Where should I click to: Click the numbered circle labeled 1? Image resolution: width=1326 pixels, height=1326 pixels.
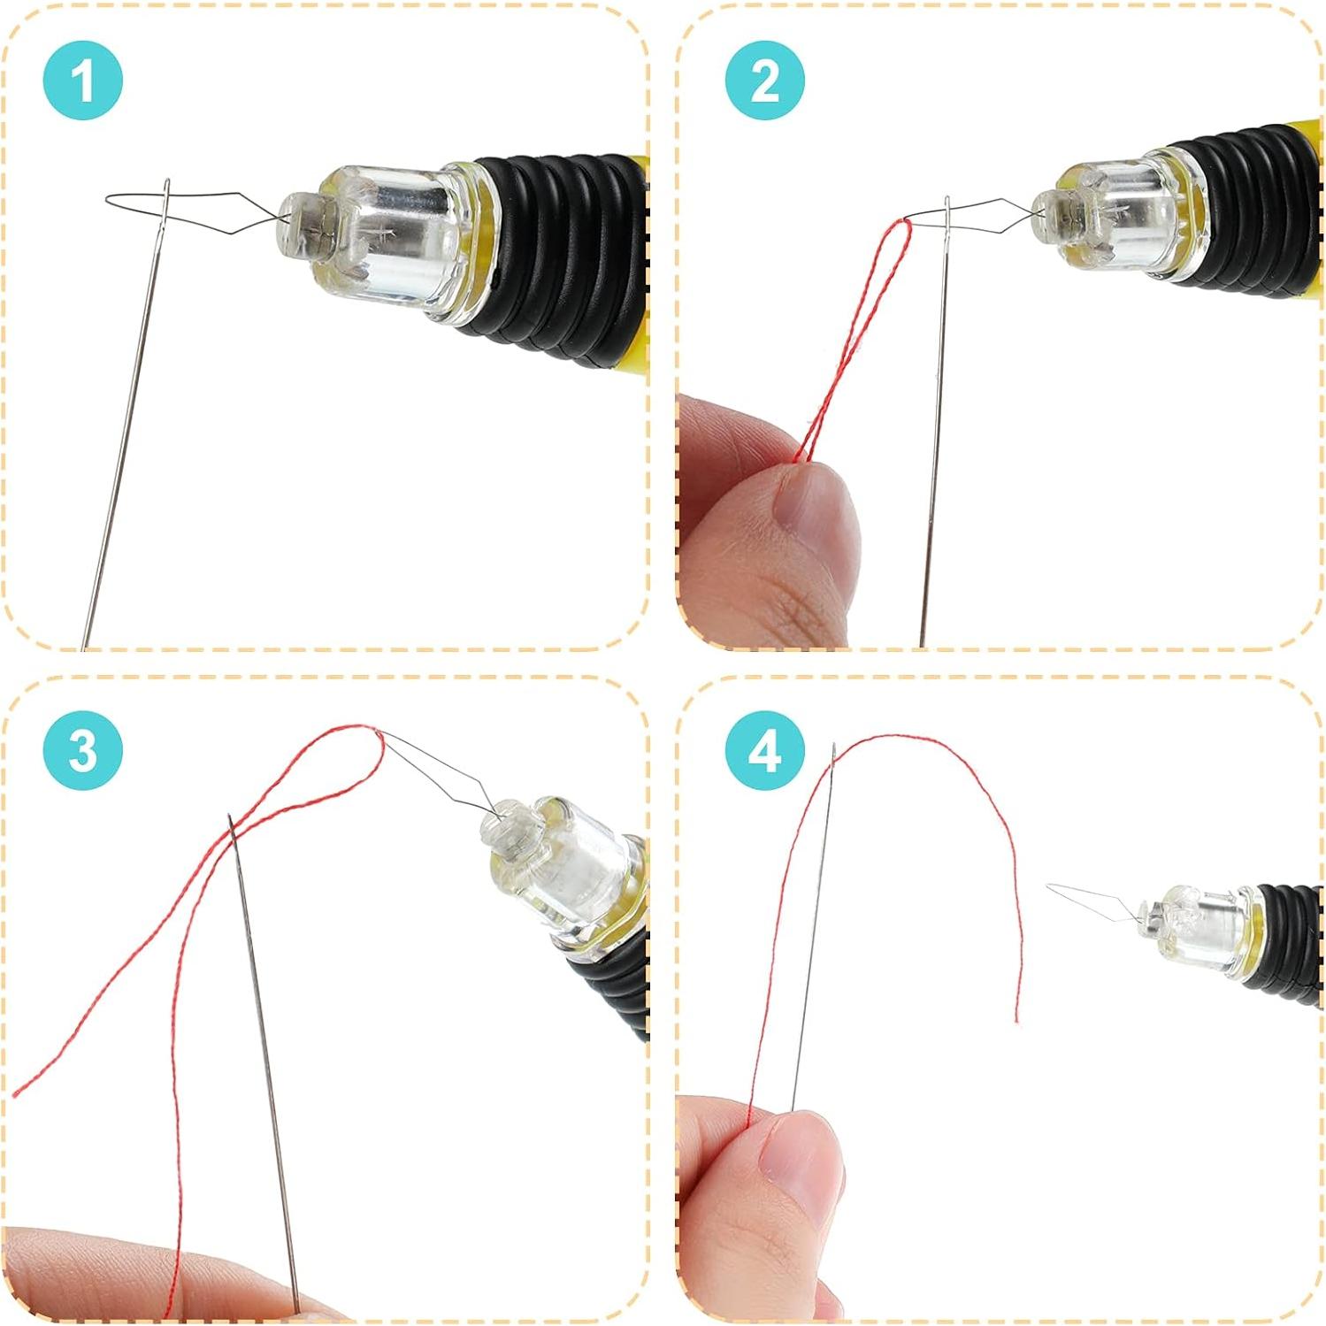tap(82, 81)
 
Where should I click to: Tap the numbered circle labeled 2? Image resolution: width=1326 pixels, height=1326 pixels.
tap(764, 81)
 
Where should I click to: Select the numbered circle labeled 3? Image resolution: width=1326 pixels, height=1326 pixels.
tap(82, 752)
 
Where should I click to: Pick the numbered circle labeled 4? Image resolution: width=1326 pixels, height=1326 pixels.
tap(764, 752)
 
